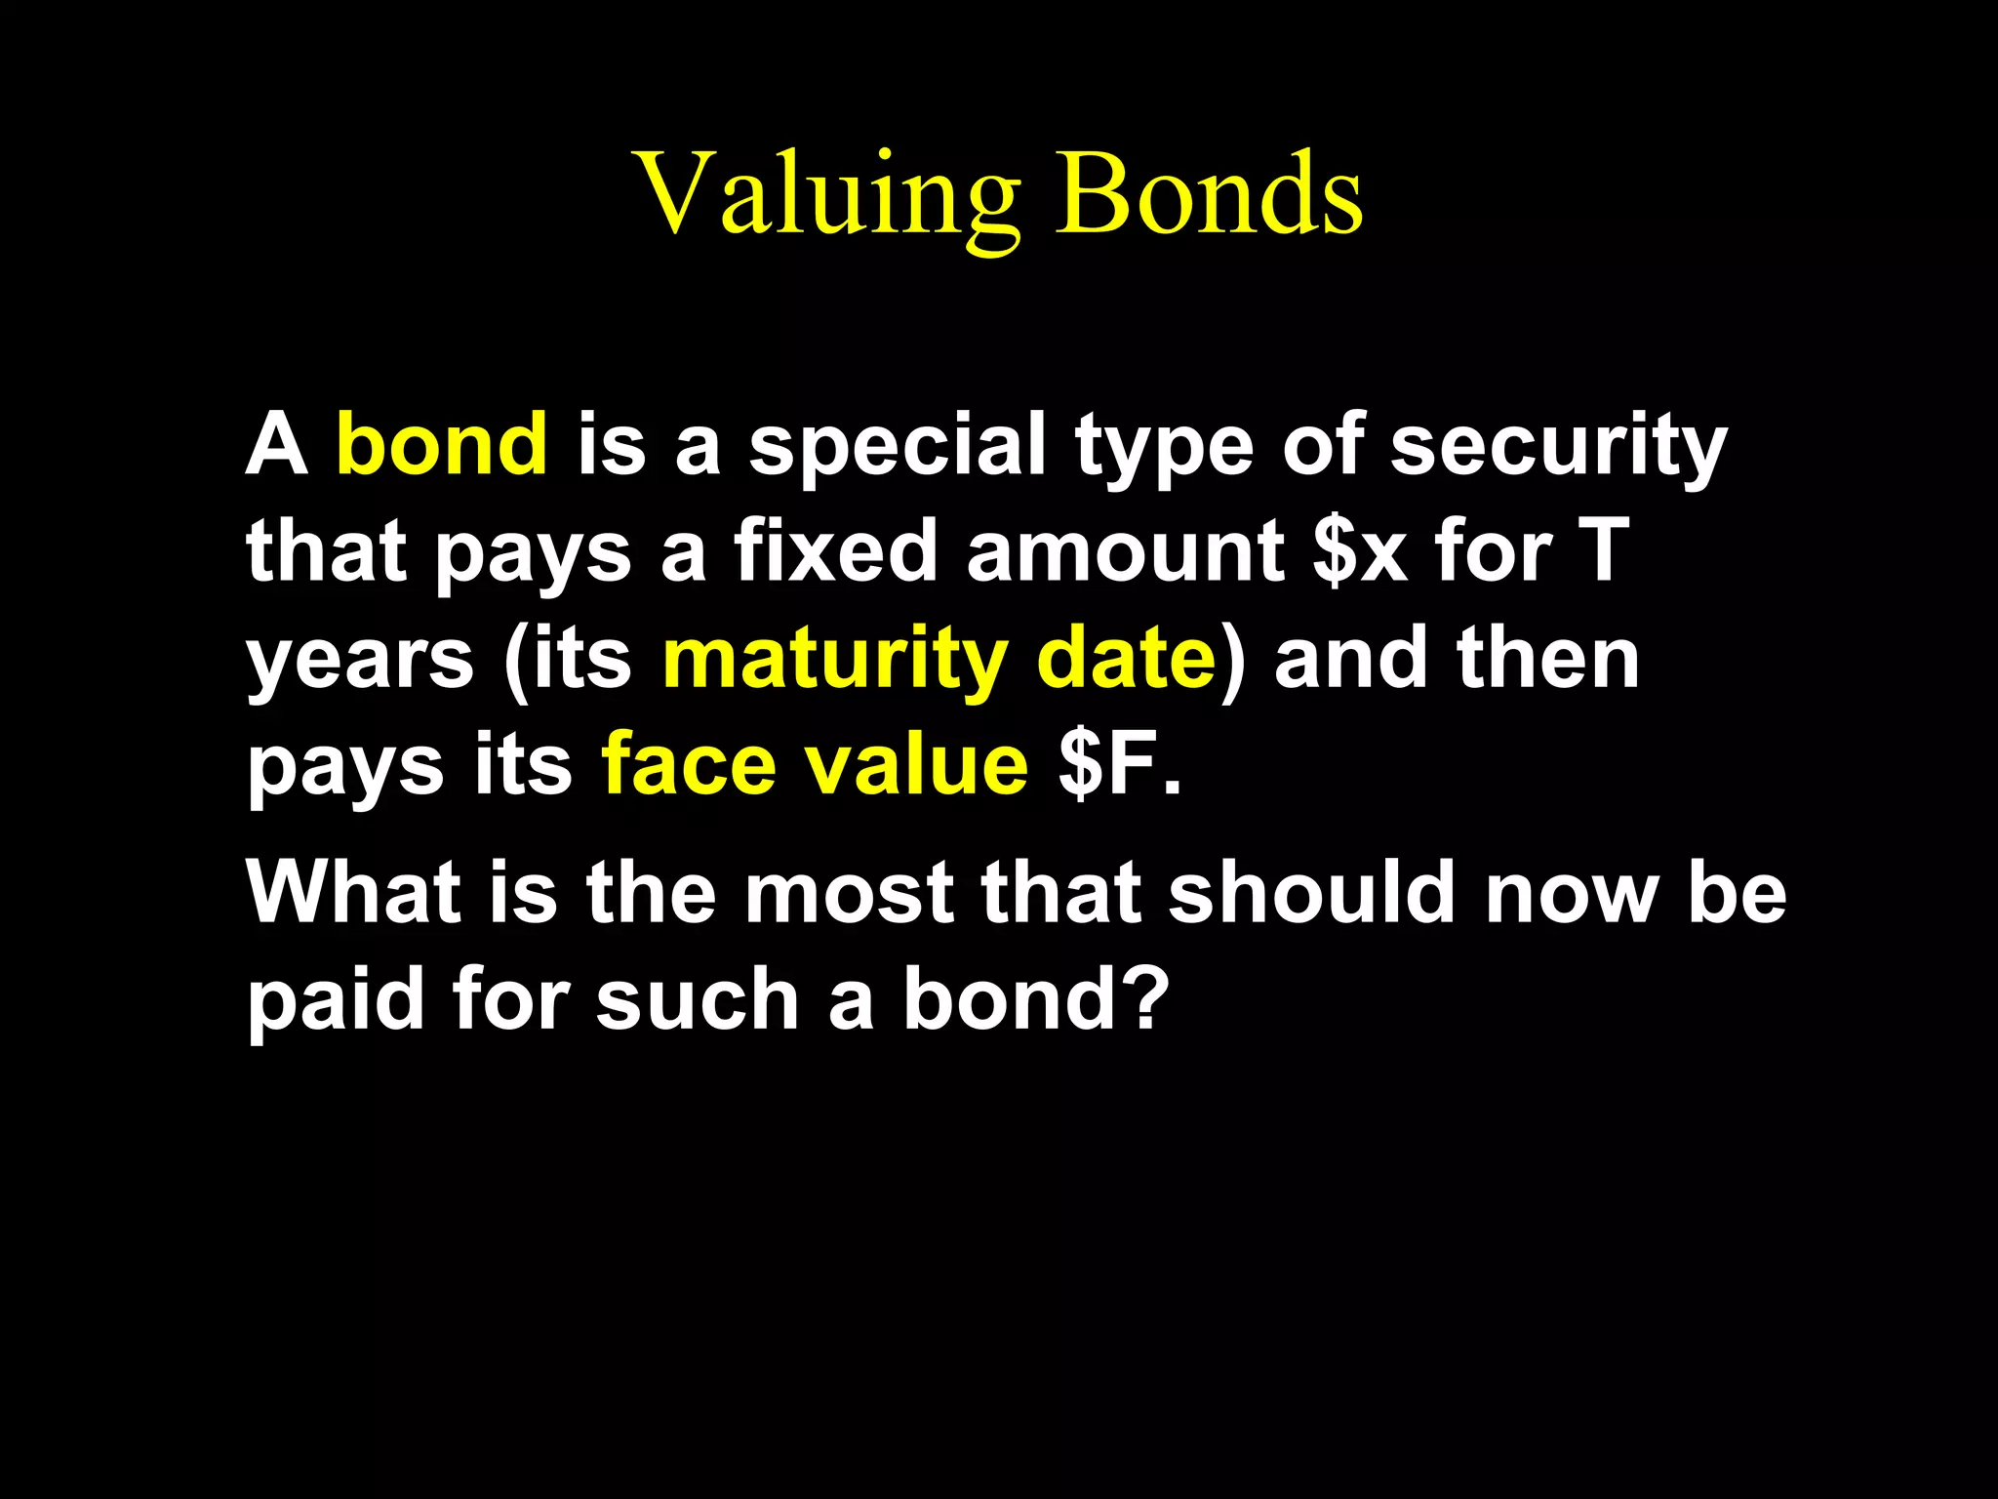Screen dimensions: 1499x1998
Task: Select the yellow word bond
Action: tap(441, 445)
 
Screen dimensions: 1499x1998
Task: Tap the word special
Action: tap(898, 447)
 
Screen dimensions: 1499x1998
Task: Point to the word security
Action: tap(1558, 447)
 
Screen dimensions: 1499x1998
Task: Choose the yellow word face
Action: tap(688, 767)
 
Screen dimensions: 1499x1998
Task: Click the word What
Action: tap(353, 893)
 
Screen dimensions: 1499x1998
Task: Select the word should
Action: tap(1312, 893)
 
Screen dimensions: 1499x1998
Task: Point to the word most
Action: tap(849, 893)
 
